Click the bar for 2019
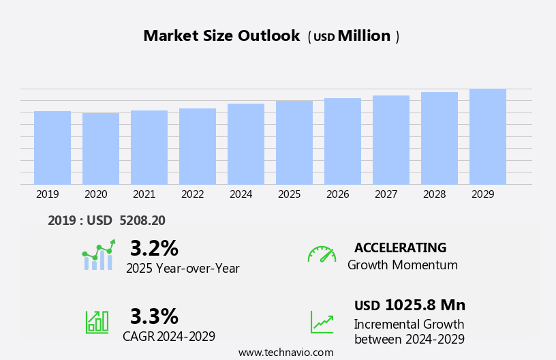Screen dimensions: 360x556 click(52, 147)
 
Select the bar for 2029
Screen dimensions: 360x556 click(488, 136)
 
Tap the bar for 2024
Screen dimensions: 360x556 click(246, 144)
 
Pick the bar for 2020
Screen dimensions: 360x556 click(101, 149)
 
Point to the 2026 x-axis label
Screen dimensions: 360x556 click(337, 194)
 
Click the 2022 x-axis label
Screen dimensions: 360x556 click(192, 194)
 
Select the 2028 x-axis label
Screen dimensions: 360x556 click(434, 194)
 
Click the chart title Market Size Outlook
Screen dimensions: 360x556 click(221, 36)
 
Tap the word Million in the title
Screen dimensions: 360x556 click(364, 36)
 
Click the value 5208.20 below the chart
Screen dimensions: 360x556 click(142, 220)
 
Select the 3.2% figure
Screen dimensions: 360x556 click(154, 248)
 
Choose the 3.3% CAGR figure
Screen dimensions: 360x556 click(154, 316)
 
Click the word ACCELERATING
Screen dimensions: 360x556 click(400, 247)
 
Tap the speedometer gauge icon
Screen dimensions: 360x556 click(322, 254)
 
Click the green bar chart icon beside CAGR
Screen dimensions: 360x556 click(97, 321)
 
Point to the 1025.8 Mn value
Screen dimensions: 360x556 click(425, 305)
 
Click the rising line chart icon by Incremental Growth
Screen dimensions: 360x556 click(322, 322)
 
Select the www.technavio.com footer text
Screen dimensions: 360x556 click(285, 352)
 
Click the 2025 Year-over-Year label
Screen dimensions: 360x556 click(183, 269)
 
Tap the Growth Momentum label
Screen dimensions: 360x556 click(402, 265)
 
